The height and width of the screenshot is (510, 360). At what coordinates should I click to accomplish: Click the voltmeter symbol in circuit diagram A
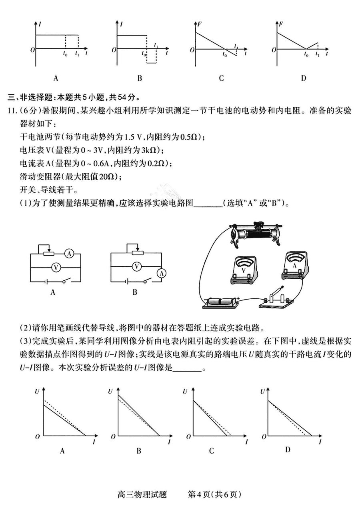pos(56,266)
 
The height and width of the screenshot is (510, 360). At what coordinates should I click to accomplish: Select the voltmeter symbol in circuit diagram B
pos(137,266)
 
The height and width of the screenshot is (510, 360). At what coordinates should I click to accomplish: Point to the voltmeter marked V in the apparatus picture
pos(244,270)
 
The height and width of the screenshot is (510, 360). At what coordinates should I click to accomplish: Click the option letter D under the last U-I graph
pos(287,450)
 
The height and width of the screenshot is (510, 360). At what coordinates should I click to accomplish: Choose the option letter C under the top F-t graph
pos(221,78)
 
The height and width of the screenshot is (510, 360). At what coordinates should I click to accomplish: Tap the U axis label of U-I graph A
pos(37,392)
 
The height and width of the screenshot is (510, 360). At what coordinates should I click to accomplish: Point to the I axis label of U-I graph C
pos(246,441)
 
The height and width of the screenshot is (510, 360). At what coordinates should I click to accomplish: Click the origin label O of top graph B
pos(114,50)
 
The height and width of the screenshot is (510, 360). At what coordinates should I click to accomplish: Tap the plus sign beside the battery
pos(238,298)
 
